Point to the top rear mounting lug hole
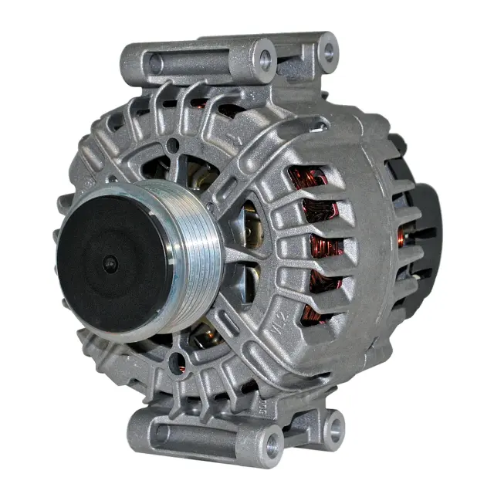[x=328, y=52]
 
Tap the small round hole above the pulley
[x=174, y=144]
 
